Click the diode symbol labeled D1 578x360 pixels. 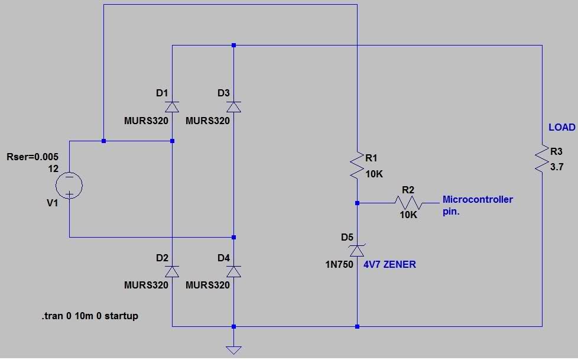tap(172, 107)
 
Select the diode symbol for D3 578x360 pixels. tap(233, 107)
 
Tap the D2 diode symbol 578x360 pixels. tap(172, 271)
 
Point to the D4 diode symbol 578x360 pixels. tap(233, 271)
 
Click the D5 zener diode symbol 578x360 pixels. tap(357, 251)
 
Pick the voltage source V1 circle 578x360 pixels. tap(69, 185)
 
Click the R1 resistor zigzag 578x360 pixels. tap(357, 166)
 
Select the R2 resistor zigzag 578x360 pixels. tap(409, 203)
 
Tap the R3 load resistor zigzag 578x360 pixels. tap(542, 158)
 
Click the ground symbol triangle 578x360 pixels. tap(233, 351)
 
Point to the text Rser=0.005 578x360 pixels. tap(33, 157)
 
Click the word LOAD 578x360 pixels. tap(562, 127)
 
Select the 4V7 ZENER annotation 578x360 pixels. tap(389, 264)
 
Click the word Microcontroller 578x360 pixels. tap(478, 199)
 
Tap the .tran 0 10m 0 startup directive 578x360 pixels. tap(90, 316)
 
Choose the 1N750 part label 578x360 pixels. tap(339, 264)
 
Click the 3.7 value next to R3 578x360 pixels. tap(557, 167)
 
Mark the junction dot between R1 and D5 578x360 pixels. tap(357, 203)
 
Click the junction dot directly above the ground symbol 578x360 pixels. tap(233, 326)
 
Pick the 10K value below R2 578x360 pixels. tap(408, 215)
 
